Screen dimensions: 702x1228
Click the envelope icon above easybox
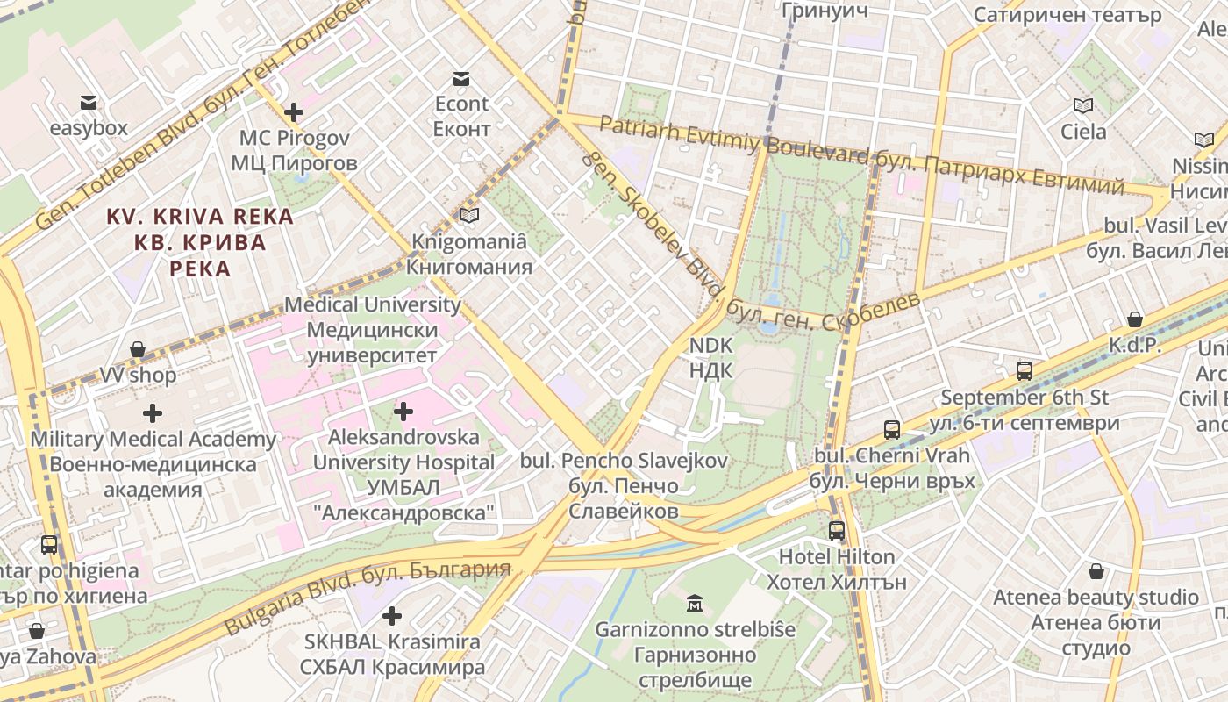(x=88, y=102)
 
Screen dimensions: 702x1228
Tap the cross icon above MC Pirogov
(x=294, y=112)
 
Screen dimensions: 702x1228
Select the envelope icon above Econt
(x=461, y=79)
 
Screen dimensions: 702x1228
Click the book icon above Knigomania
(x=469, y=215)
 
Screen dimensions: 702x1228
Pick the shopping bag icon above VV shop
(x=138, y=349)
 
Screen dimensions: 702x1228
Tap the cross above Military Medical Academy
(x=153, y=412)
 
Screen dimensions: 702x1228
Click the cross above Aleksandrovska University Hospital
(x=403, y=411)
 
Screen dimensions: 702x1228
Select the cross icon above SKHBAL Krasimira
(x=392, y=616)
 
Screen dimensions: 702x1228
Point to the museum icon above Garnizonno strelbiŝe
(x=695, y=604)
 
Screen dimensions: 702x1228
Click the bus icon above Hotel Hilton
(x=837, y=531)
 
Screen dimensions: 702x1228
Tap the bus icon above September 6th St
(x=1024, y=370)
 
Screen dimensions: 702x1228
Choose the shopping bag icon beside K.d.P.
(x=1135, y=319)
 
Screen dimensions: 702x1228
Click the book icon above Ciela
(x=1083, y=106)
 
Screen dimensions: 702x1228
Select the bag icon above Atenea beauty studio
(x=1096, y=572)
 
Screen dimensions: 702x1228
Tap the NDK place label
(x=710, y=358)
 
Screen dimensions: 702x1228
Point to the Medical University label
(x=373, y=330)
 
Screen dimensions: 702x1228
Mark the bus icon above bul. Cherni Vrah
(x=892, y=430)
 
